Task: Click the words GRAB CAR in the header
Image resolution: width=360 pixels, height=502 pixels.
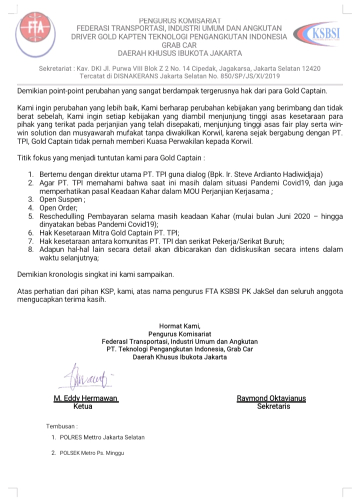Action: [x=179, y=44]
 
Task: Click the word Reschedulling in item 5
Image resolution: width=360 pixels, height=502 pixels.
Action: [x=63, y=216]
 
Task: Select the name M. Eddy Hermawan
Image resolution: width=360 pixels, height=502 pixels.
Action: [x=85, y=398]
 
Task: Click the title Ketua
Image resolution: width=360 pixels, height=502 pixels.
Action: [x=83, y=406]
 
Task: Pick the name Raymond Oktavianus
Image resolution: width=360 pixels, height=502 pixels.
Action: [x=271, y=398]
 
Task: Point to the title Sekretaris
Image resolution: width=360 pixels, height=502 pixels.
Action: [x=273, y=406]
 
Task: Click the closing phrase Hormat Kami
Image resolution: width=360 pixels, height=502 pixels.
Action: [x=179, y=326]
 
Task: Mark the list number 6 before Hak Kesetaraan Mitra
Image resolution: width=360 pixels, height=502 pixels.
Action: [x=30, y=232]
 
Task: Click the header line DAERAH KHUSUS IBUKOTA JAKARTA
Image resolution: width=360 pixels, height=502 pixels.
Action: [x=179, y=53]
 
